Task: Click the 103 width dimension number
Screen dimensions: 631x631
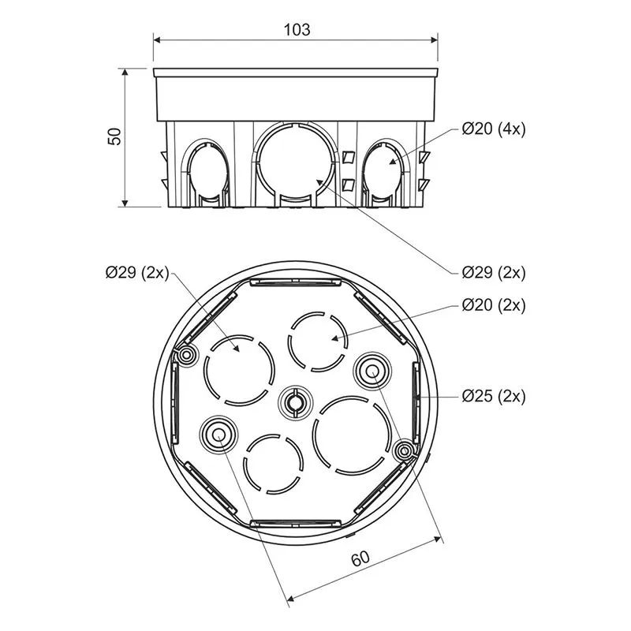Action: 297,29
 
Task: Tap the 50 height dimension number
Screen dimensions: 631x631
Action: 114,136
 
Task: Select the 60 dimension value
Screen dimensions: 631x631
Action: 360,558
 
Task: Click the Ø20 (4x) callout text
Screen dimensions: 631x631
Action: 494,129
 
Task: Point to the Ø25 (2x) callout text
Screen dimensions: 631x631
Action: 494,397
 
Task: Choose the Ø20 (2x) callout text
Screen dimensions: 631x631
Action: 494,305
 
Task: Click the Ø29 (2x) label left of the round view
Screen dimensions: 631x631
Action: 137,272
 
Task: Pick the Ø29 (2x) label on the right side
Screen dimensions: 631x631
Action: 494,272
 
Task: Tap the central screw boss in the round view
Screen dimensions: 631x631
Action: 295,402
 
